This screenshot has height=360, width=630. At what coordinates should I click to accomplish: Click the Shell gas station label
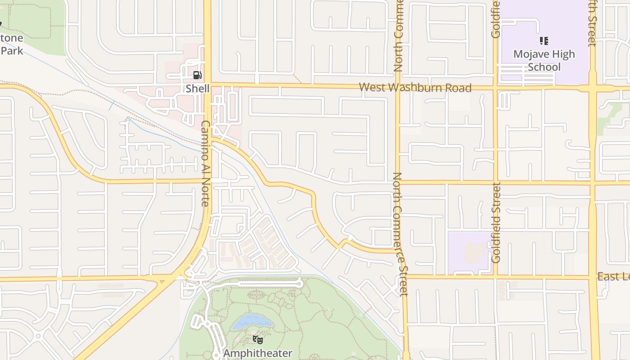(x=198, y=88)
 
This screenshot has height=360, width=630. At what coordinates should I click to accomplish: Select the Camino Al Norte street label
(x=206, y=163)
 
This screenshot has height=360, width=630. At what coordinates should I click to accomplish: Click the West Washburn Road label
(x=415, y=87)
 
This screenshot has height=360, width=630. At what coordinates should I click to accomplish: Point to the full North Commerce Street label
(x=400, y=234)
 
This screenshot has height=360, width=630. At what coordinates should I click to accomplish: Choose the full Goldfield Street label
(x=496, y=222)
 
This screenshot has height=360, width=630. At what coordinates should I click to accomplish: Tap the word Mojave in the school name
(x=531, y=54)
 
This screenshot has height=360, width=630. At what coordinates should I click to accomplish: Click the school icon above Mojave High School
(x=544, y=41)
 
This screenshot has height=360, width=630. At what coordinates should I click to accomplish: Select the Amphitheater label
(x=257, y=353)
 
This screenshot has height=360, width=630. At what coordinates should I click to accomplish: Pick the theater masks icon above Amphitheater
(x=257, y=340)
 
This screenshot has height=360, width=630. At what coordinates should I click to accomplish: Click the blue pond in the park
(x=252, y=321)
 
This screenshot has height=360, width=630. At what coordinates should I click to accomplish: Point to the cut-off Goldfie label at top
(x=496, y=19)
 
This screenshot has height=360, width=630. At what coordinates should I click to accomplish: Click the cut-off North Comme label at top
(x=398, y=36)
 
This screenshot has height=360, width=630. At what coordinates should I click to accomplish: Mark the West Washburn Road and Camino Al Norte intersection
(x=207, y=84)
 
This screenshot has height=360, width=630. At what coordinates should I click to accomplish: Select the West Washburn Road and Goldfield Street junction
(x=496, y=88)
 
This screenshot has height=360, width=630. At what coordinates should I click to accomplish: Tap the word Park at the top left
(x=12, y=50)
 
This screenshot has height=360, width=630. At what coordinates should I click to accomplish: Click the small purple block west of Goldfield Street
(x=469, y=252)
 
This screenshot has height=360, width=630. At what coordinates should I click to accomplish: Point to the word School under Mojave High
(x=544, y=67)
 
